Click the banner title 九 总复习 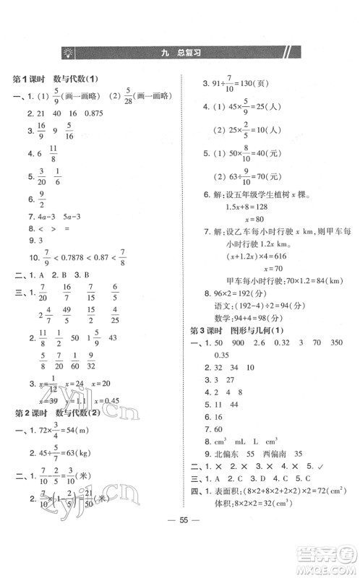(x=180, y=53)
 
